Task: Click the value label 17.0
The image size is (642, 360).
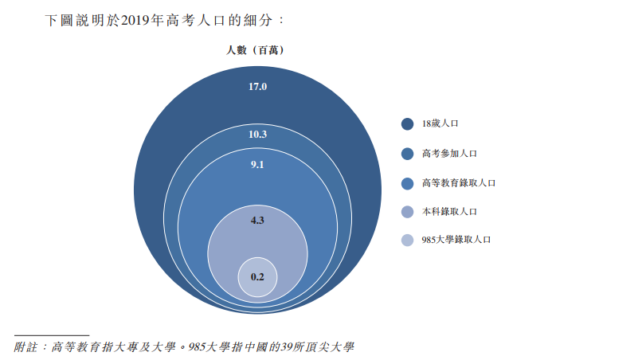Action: tap(257, 86)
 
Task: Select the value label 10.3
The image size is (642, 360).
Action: tap(257, 134)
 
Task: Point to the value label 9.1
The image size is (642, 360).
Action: tap(257, 165)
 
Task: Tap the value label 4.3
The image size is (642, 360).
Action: tap(257, 219)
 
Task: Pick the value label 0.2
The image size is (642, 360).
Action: tap(257, 276)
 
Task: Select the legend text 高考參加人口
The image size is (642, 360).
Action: tap(449, 153)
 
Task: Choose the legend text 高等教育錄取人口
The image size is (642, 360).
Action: tap(459, 182)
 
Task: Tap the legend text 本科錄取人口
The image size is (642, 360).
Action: tap(449, 211)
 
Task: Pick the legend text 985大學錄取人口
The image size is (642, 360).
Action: tap(456, 240)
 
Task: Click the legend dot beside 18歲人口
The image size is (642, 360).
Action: tap(407, 123)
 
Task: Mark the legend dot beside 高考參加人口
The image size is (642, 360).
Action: tap(407, 153)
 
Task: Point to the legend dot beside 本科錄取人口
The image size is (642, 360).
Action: tap(407, 211)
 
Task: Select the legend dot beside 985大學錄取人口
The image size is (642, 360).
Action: tap(407, 240)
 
